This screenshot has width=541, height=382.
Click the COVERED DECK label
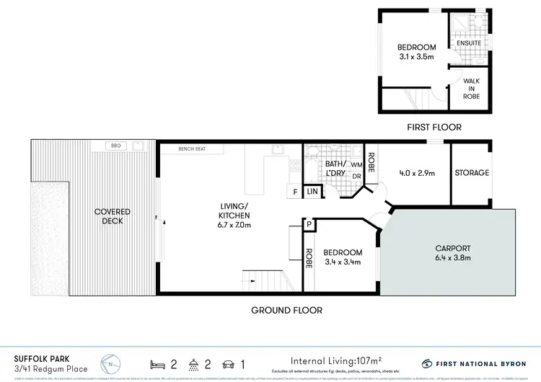point(113,216)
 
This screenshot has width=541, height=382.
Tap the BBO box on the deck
point(116,146)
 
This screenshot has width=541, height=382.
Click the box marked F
point(295,192)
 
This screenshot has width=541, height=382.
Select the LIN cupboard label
point(312,192)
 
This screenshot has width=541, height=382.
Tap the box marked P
point(309,225)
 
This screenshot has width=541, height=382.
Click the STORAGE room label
point(472,173)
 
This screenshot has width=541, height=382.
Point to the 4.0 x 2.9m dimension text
point(416,173)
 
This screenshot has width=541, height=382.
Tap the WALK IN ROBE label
point(472,89)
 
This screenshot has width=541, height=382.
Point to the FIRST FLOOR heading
point(434,128)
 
